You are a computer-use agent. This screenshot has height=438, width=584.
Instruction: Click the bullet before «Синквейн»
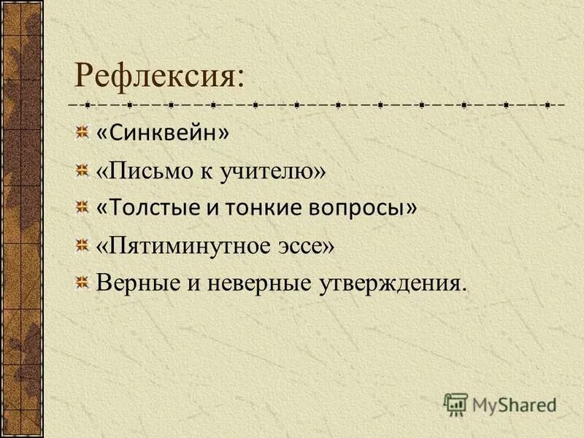pos(82,133)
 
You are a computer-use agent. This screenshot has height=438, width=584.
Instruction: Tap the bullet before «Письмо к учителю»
pos(82,172)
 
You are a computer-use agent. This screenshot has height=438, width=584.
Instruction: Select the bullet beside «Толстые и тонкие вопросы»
pos(82,209)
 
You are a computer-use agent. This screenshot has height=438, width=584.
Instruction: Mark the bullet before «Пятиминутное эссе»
pos(82,247)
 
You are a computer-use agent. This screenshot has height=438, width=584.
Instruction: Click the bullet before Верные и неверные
pos(82,283)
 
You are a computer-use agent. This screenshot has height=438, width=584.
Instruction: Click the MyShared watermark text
pos(514,404)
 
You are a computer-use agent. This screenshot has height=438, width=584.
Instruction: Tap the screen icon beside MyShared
pos(456,404)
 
